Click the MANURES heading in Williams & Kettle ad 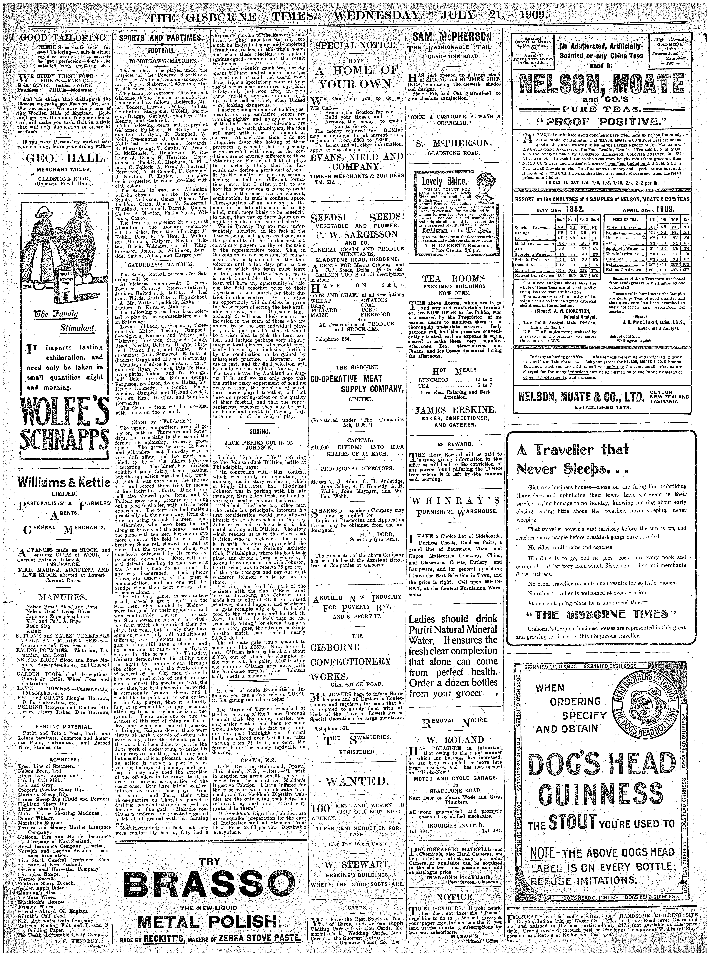click(x=63, y=598)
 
